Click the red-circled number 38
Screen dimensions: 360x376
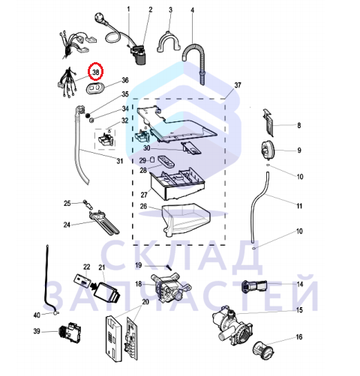click(96, 72)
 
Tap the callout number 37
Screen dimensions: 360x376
click(238, 85)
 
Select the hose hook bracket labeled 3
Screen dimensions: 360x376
click(169, 42)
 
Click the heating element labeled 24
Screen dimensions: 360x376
click(104, 222)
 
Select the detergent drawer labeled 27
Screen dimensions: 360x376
click(176, 185)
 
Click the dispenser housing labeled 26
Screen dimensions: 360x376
click(186, 219)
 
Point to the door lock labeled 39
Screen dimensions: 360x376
click(70, 331)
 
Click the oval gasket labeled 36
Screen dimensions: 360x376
click(95, 88)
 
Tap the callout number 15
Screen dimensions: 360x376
click(299, 310)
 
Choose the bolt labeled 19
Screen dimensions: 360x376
click(169, 267)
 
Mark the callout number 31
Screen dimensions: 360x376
click(120, 161)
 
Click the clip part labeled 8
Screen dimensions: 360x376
click(268, 122)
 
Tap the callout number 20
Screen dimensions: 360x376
click(145, 302)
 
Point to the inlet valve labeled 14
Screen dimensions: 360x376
click(254, 286)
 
